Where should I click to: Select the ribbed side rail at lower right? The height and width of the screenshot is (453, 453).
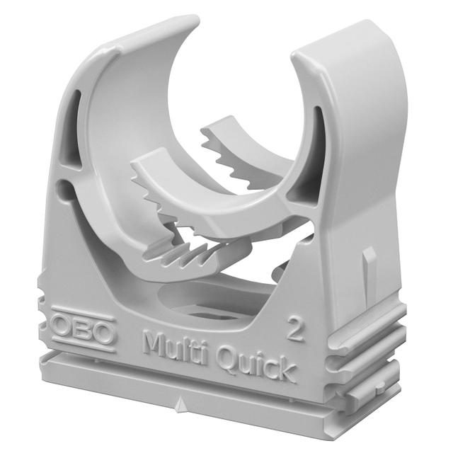368,340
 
